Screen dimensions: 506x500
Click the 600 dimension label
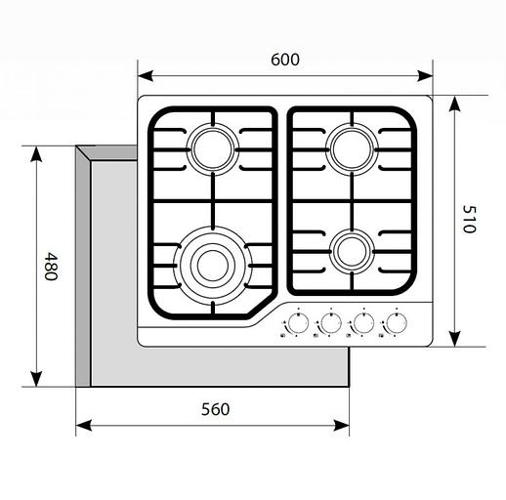[285, 60]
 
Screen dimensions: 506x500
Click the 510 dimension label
[469, 219]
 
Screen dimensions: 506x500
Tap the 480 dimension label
[51, 266]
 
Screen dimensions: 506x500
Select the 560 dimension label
[215, 409]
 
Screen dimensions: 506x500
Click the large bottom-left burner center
[213, 266]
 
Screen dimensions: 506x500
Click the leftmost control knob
[298, 323]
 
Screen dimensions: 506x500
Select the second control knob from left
[331, 323]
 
